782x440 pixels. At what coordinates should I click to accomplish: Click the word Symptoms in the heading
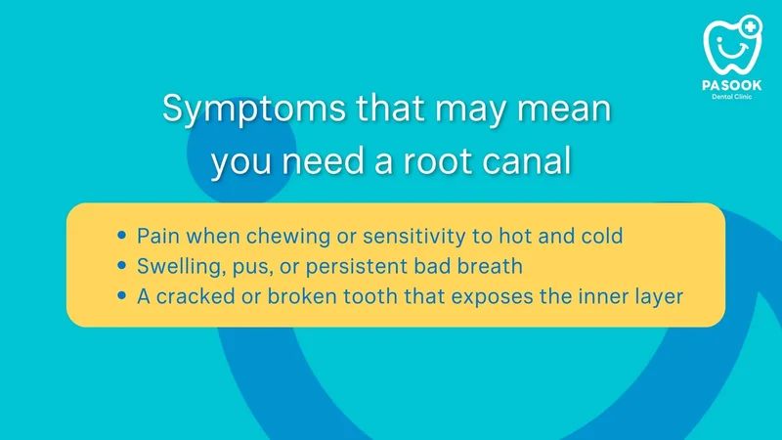[x=254, y=110]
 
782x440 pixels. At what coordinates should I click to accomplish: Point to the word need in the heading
[x=323, y=160]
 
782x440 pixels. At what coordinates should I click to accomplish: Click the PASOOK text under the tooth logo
[x=731, y=85]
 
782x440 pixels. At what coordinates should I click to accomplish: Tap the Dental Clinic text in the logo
[x=731, y=97]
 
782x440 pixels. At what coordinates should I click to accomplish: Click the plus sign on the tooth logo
[x=750, y=26]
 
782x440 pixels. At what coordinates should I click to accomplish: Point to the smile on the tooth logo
[x=732, y=50]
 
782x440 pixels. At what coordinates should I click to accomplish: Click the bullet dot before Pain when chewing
[x=121, y=235]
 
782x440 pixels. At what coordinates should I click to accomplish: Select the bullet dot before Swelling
[x=121, y=265]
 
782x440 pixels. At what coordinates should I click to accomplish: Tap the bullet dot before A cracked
[x=121, y=295]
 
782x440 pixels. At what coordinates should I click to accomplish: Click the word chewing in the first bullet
[x=288, y=237]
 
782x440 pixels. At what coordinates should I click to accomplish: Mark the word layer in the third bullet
[x=659, y=298]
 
